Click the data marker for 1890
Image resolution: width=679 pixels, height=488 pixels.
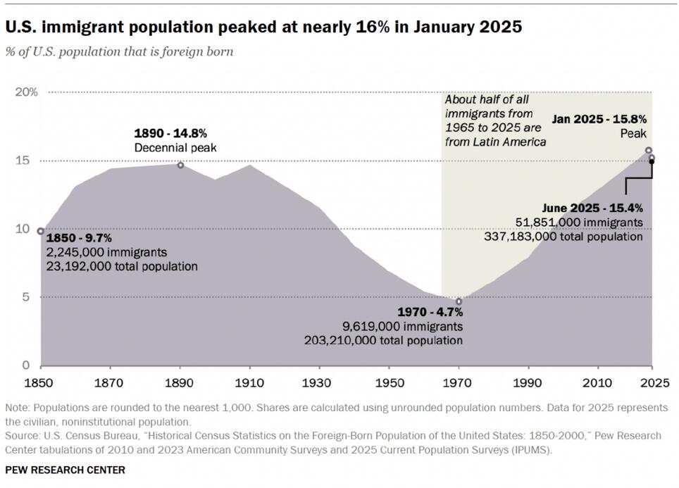click(180, 165)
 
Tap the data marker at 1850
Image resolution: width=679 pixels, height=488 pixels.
click(41, 231)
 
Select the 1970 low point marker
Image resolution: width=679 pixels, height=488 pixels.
click(459, 301)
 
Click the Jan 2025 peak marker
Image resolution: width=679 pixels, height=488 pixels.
click(649, 150)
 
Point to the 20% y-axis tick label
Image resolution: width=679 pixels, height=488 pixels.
click(27, 92)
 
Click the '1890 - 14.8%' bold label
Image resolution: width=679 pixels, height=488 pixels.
click(170, 133)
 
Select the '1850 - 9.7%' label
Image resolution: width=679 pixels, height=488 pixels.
click(79, 239)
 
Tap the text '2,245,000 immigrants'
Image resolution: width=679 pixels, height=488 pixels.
click(106, 253)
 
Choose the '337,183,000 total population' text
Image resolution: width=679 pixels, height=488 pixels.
click(563, 237)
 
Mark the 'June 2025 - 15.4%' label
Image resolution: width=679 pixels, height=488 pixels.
click(592, 208)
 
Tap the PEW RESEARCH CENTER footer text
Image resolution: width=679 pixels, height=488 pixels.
click(65, 470)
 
